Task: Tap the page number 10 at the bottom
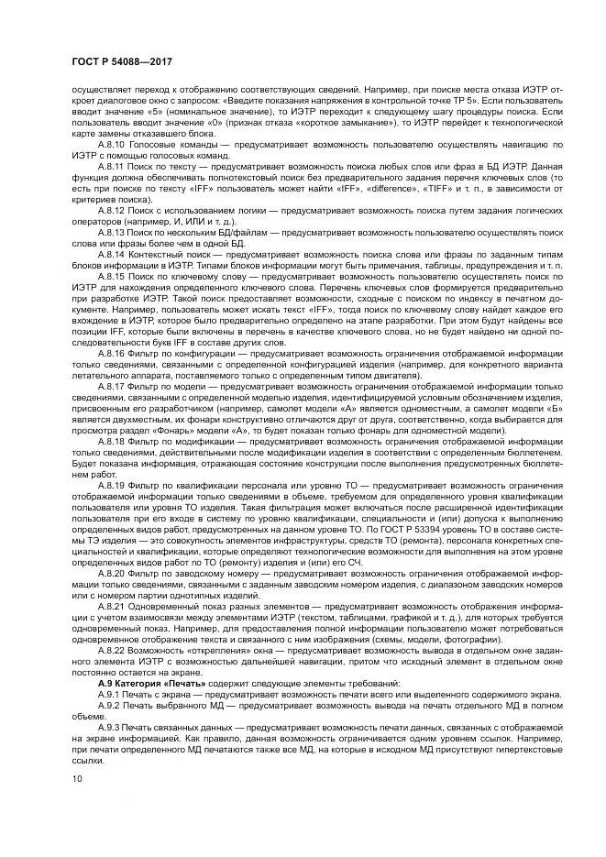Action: (x=76, y=779)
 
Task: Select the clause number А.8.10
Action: (x=111, y=145)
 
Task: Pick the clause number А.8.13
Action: (x=111, y=231)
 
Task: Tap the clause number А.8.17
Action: (x=111, y=385)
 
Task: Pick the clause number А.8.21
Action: (x=111, y=606)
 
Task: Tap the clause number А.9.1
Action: (x=109, y=693)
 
